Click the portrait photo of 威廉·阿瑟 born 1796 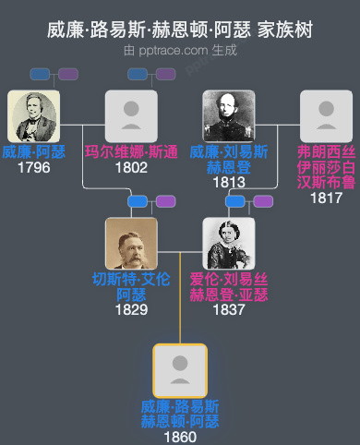(x=33, y=115)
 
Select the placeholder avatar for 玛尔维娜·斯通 (x=131, y=115)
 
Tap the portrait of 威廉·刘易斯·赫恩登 (x=229, y=115)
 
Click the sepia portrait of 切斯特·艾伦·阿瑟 (x=131, y=243)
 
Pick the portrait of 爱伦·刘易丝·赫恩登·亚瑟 (x=229, y=243)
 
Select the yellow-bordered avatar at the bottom (x=180, y=370)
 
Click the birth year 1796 (x=33, y=168)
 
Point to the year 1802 (x=131, y=168)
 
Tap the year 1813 (x=229, y=183)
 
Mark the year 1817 (x=326, y=198)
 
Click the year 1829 (x=131, y=310)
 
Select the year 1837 (x=229, y=310)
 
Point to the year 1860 (x=180, y=437)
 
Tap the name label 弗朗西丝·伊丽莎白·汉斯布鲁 (x=326, y=167)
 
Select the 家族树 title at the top (x=288, y=30)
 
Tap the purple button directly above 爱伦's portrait (x=263, y=201)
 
